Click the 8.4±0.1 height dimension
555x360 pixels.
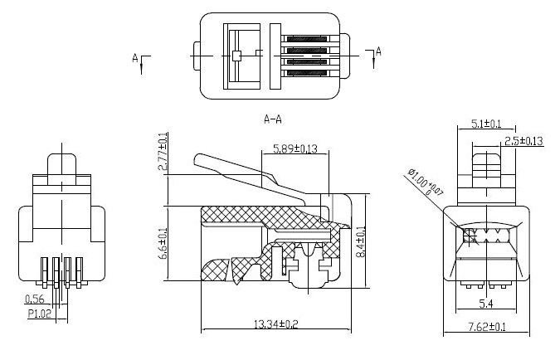pos(362,241)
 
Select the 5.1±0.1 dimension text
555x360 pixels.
pos(486,124)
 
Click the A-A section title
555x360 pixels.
pos(275,119)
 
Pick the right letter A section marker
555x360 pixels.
pos(379,52)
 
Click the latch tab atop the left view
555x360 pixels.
pos(61,167)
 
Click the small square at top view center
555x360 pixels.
pos(236,56)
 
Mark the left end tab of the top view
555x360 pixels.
pos(196,56)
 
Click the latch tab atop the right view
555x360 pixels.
pos(486,162)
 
